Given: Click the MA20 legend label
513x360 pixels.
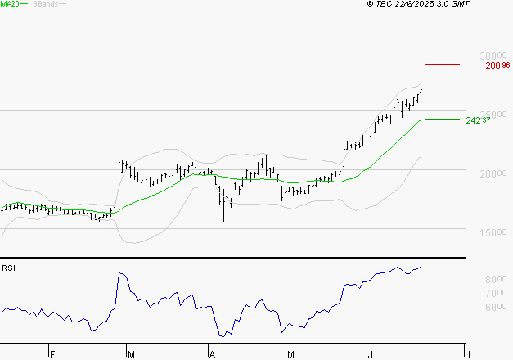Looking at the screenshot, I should pos(11,4).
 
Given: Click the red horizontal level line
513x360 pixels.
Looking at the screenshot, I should pos(442,64).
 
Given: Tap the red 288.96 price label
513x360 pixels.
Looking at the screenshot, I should pos(497,65).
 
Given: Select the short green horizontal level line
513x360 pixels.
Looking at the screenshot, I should pos(442,119).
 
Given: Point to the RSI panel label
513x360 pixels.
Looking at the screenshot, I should pos(8,268).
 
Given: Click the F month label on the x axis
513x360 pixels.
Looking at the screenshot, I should pos(52,354).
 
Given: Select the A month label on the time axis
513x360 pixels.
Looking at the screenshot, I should pos(211,354).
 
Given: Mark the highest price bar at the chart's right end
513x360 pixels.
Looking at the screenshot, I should pos(421,88).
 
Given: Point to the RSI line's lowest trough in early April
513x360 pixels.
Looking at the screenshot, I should pos(222,335).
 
